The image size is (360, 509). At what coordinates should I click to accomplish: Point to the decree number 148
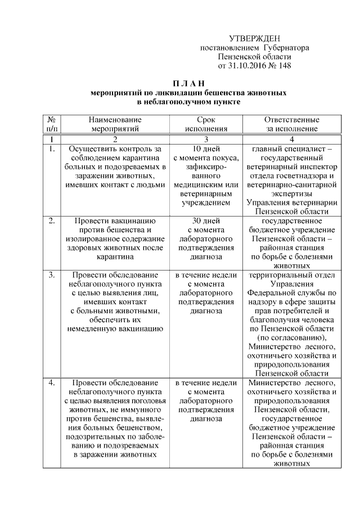point(285,66)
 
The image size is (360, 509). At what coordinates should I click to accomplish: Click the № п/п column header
point(51,124)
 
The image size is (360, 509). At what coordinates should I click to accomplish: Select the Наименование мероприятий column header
point(114,124)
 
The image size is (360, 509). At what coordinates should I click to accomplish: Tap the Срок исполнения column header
point(206,124)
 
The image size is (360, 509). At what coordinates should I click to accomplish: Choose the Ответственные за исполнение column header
point(292,124)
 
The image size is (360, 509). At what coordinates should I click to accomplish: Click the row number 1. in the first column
point(51,149)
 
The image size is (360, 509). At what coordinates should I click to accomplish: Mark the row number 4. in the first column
point(51,383)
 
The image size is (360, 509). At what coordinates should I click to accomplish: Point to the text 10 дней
point(206,149)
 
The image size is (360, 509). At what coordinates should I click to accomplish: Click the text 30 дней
point(206,221)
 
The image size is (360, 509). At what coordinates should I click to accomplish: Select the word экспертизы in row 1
point(292,193)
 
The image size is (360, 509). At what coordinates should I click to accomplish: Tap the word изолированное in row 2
point(91,239)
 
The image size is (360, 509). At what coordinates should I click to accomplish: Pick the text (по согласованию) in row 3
point(292,337)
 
